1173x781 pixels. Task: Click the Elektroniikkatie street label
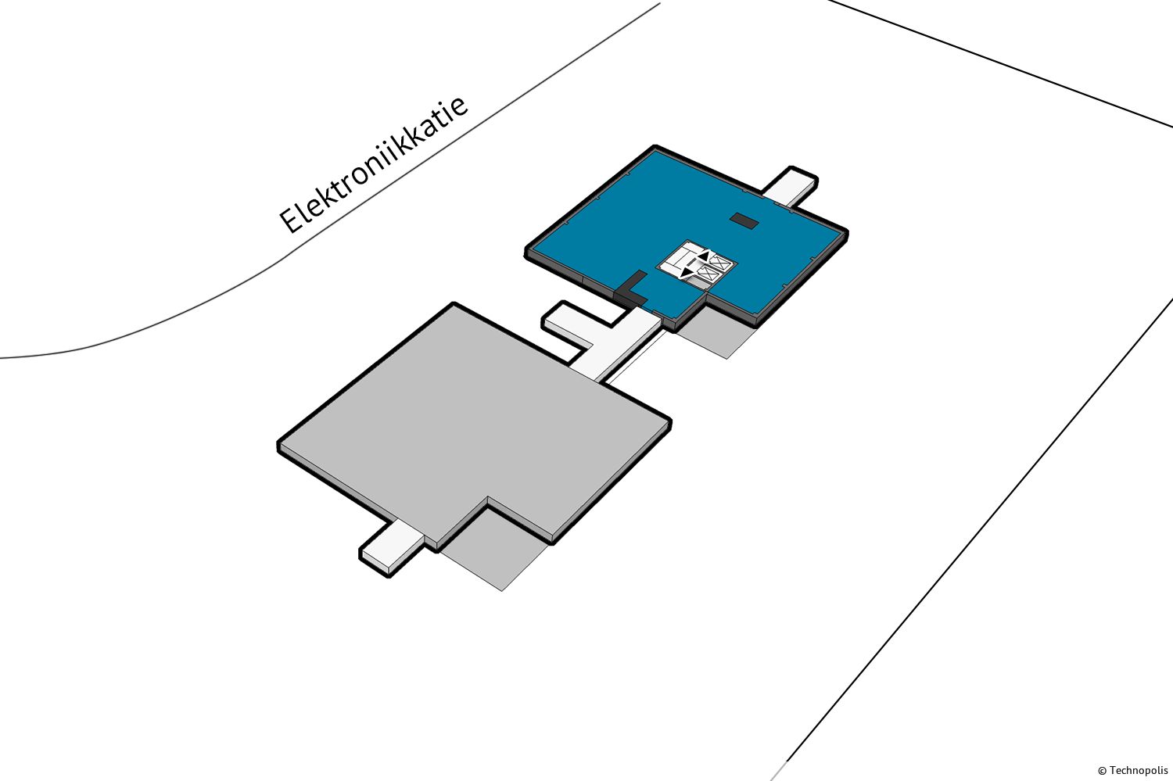tap(374, 164)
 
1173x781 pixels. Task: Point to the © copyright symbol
tap(1102, 771)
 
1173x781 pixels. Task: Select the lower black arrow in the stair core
tap(687, 271)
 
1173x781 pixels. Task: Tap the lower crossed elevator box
tap(708, 274)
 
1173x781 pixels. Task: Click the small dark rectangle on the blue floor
tap(744, 221)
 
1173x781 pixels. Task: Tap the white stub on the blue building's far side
tap(791, 186)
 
